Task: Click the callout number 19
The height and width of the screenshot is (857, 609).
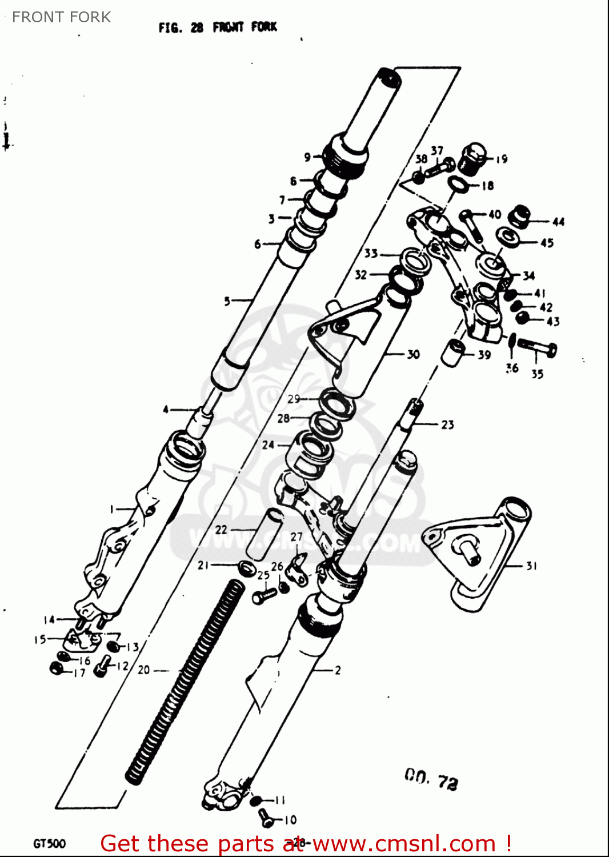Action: (502, 159)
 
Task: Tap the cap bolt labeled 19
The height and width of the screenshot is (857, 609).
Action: (472, 158)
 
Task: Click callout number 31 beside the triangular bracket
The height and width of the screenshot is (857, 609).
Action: (531, 566)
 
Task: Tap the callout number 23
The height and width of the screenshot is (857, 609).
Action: (447, 425)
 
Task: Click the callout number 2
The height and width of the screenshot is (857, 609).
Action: (338, 670)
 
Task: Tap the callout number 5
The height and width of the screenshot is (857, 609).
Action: (227, 301)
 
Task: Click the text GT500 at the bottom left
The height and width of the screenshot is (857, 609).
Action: (50, 843)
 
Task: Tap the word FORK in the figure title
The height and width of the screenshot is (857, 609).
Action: (264, 27)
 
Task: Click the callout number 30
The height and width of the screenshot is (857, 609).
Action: (413, 354)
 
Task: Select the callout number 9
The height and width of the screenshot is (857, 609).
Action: (307, 157)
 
